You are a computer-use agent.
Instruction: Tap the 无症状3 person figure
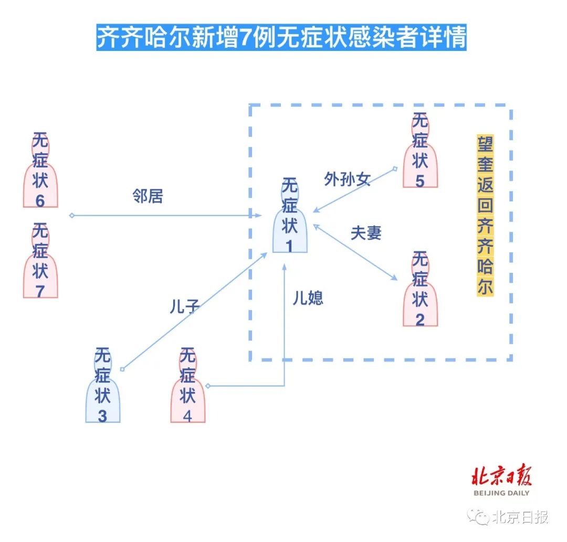pos(103,385)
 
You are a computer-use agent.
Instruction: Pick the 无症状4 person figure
pos(187,385)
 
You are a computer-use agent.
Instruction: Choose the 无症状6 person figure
pos(40,170)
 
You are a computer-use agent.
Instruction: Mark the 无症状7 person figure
pos(40,261)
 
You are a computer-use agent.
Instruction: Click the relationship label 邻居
pos(148,196)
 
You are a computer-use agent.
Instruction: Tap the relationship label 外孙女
pos(348,179)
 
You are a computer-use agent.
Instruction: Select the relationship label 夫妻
pos(366,233)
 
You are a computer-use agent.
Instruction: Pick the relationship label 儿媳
pos(308,298)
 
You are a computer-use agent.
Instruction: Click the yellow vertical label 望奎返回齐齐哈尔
pos(485,216)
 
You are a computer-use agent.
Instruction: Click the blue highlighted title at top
pos(281,38)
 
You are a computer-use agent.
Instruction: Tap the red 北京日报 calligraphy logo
pos(501,476)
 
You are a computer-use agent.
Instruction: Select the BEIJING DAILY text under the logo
pos(501,493)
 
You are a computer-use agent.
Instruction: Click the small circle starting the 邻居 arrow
pos(72,215)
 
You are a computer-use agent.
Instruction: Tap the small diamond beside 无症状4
pos(207,386)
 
